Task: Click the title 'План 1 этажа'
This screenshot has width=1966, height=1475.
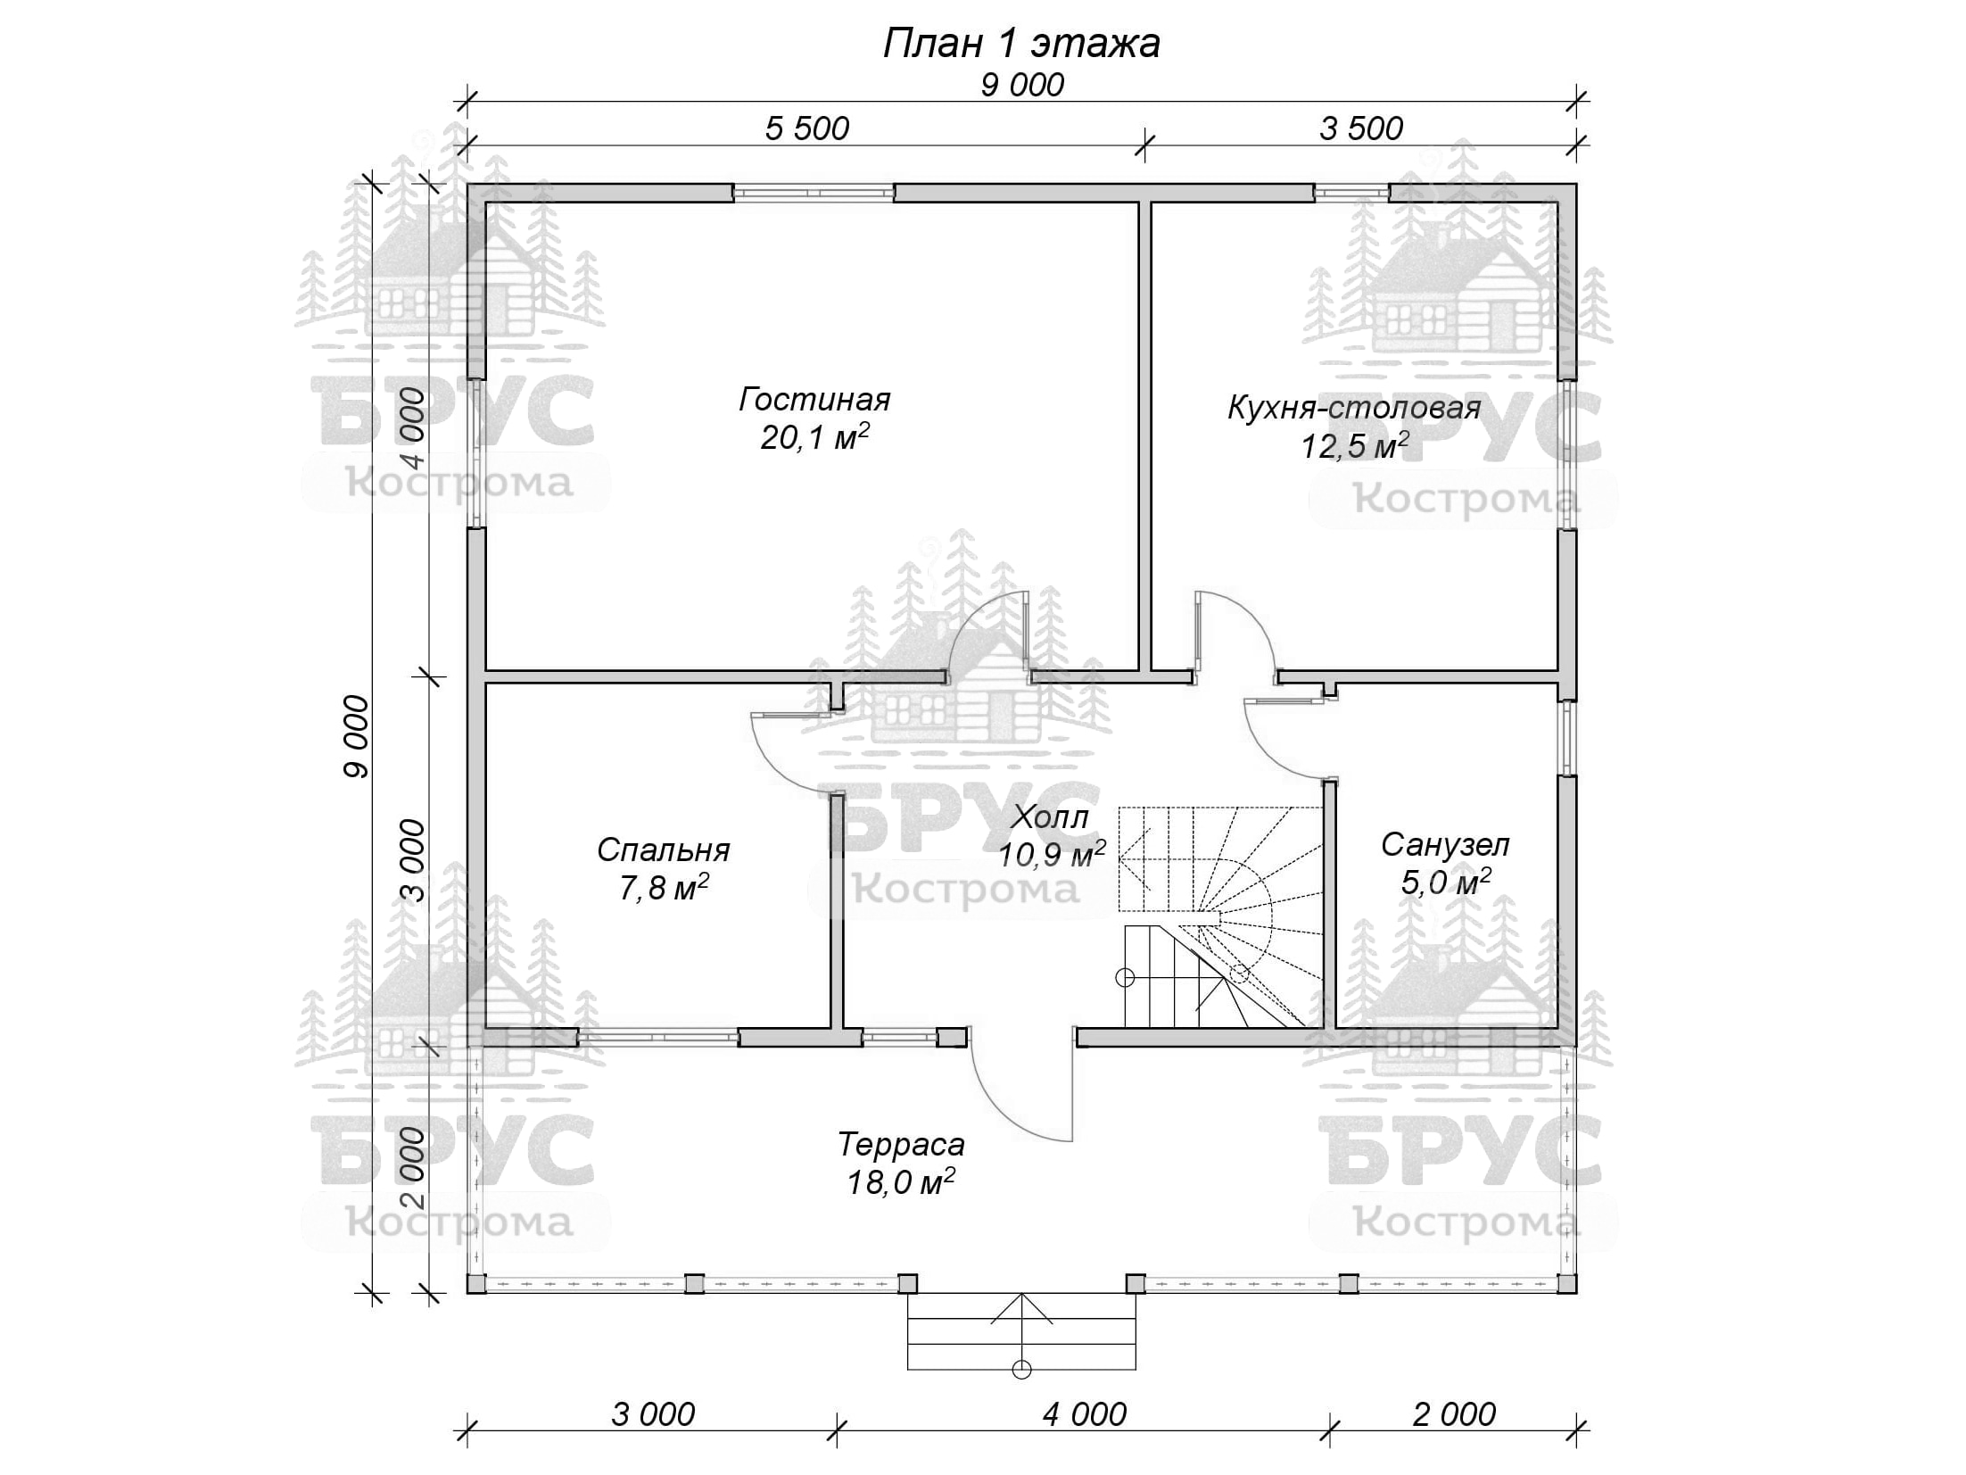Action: pos(1021,43)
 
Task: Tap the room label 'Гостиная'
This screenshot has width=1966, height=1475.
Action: pos(814,399)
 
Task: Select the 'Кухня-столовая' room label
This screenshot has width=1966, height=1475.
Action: pos(1354,408)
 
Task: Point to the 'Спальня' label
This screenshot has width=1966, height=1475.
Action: pos(664,849)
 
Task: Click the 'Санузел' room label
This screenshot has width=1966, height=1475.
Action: pos(1445,844)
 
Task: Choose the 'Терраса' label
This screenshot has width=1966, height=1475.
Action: pos(901,1144)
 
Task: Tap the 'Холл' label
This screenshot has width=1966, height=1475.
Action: pos(1051,817)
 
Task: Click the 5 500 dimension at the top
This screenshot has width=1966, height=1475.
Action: pos(807,128)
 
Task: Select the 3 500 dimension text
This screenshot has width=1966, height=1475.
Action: pos(1361,128)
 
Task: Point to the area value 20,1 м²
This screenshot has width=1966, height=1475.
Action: pos(814,437)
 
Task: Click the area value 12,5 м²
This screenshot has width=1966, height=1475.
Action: pos(1354,445)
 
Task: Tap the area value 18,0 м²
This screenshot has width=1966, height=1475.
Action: pos(900,1182)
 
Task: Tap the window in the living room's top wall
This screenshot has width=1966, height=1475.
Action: pos(813,193)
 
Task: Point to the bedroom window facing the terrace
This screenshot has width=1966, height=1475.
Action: pos(658,1037)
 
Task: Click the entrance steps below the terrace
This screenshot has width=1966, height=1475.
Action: pos(1021,1331)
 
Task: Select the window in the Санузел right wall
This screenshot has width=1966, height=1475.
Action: pos(1567,738)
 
